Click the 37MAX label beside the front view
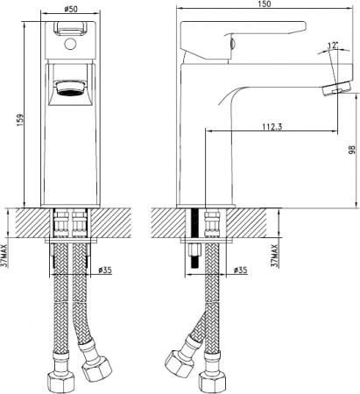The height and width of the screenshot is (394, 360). (7, 251)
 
